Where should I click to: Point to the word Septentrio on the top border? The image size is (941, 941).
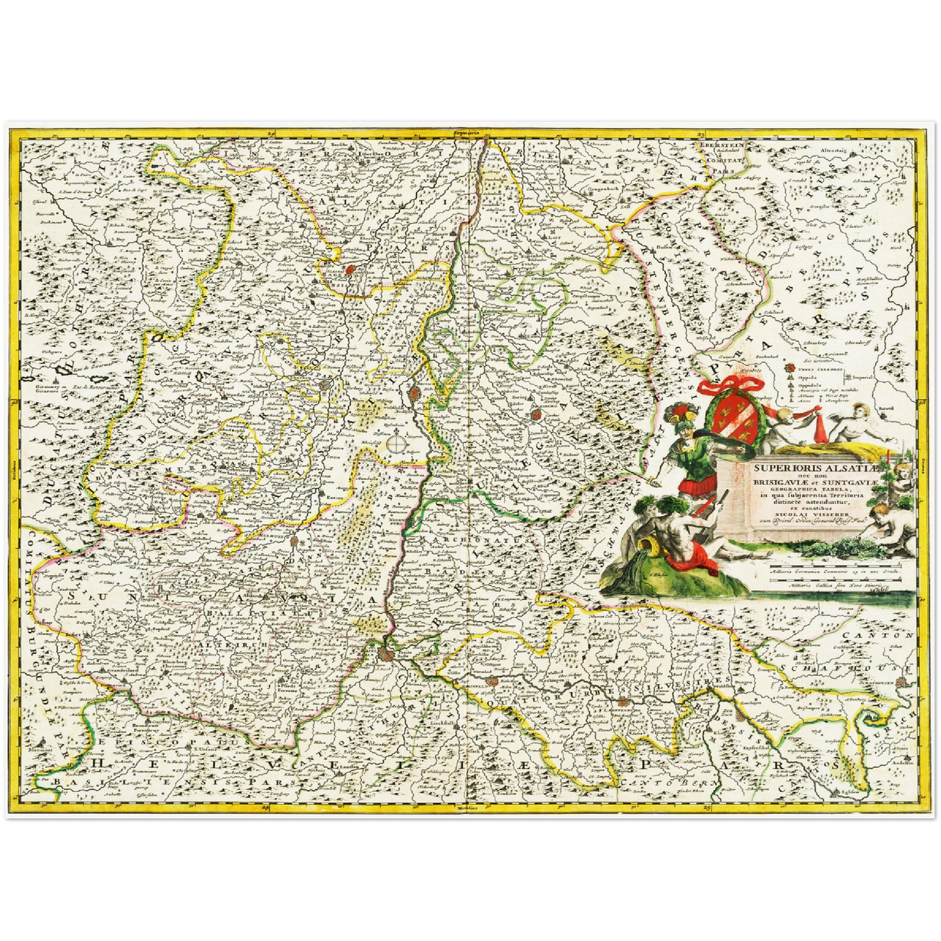(x=470, y=133)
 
